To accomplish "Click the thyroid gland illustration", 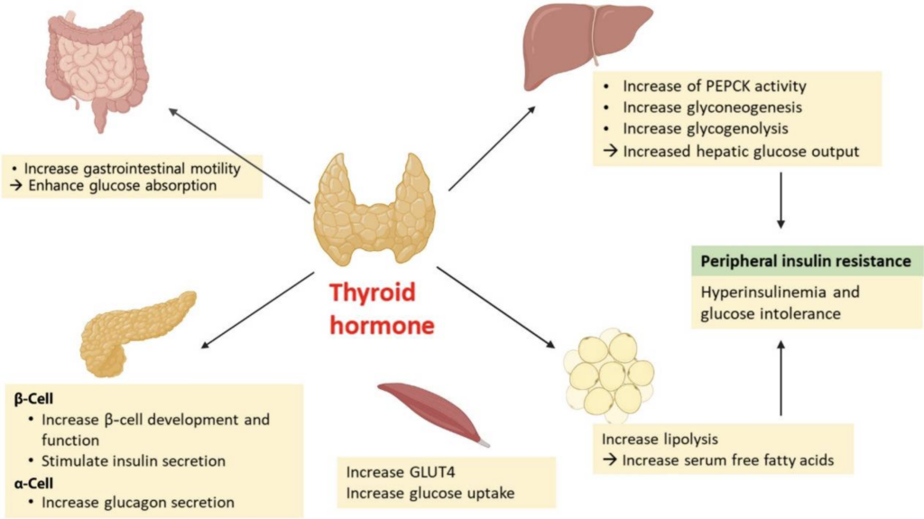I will [374, 209].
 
